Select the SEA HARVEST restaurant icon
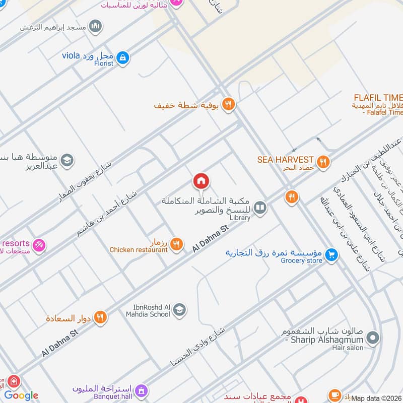pos(324,162)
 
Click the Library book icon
pos(260,208)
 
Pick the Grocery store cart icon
pos(331,255)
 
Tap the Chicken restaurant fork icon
pos(176,244)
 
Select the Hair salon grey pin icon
pos(372,338)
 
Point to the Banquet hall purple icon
pos(142,391)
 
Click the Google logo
pos(21,395)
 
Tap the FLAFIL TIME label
pos(378,97)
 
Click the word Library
pos(240,218)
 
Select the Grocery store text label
pos(301,260)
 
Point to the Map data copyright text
pos(377,398)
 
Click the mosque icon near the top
pos(95,26)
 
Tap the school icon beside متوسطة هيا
pos(68,161)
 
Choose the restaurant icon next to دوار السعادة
pos(100,317)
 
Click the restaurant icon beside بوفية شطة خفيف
pos(228,104)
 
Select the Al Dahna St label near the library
pos(211,238)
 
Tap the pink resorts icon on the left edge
pos(40,245)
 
